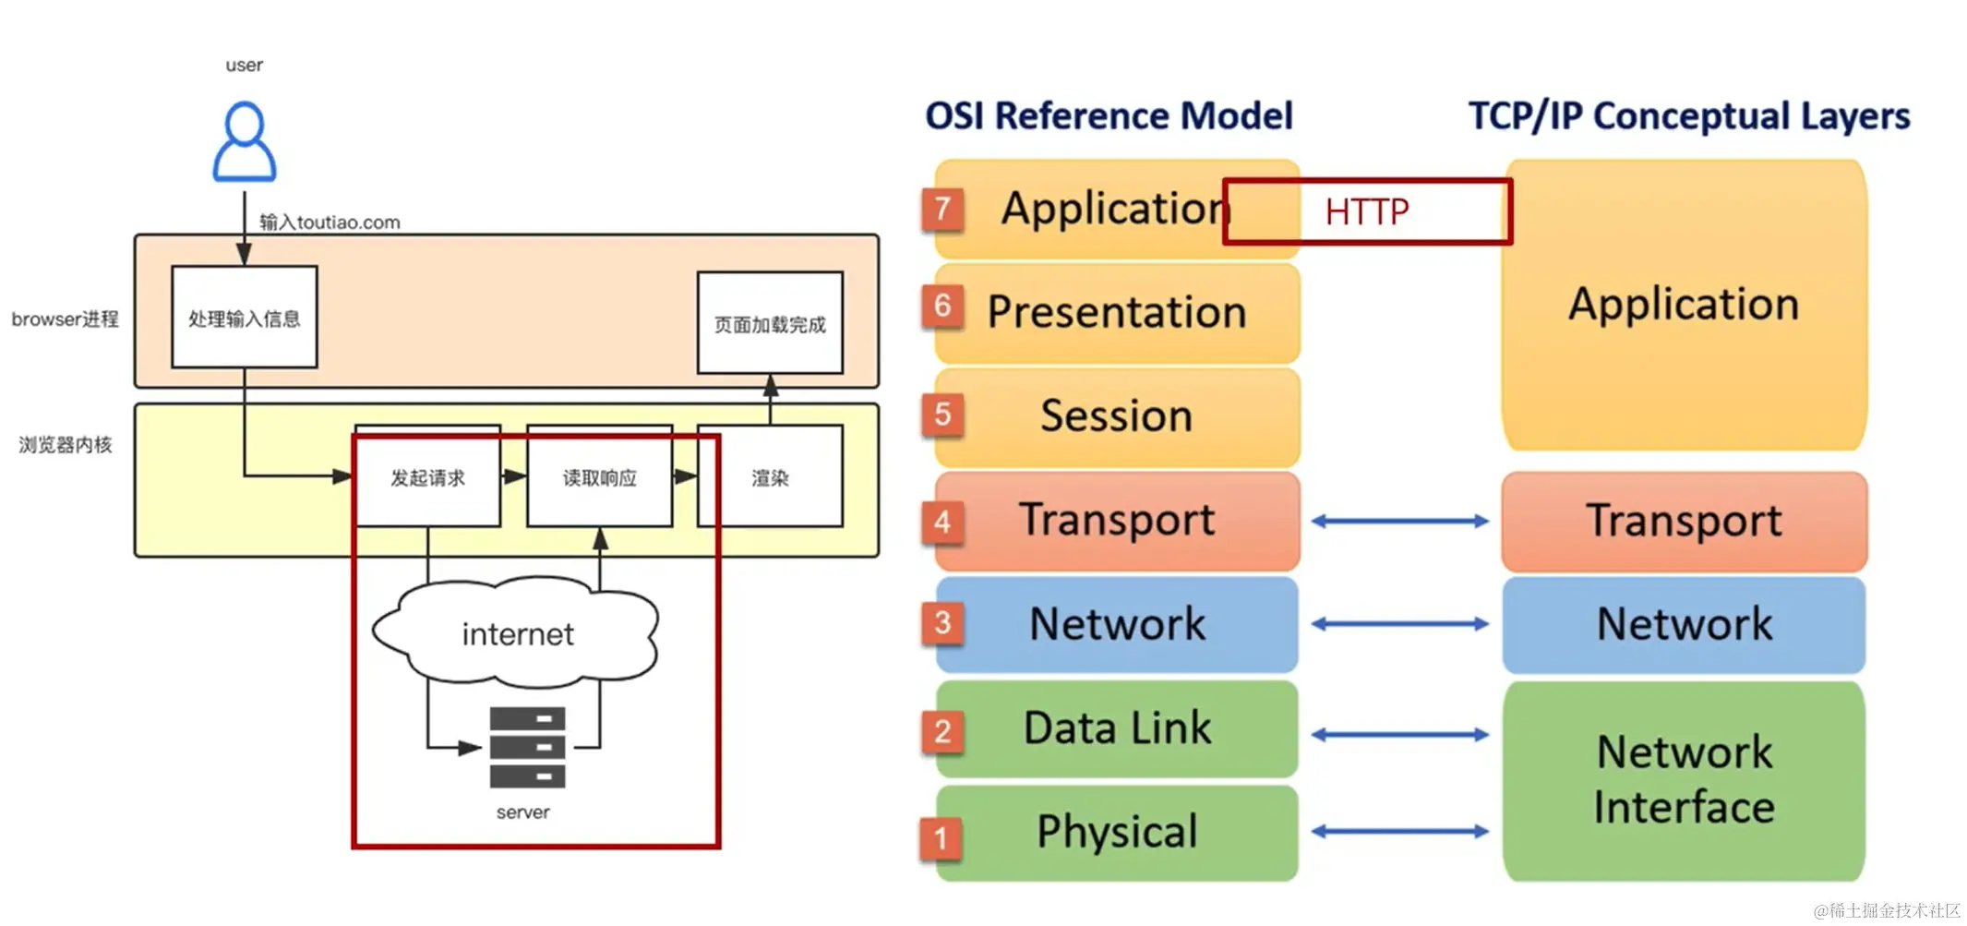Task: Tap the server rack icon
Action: tap(527, 747)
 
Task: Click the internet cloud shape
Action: tap(516, 632)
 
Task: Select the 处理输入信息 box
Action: tap(245, 317)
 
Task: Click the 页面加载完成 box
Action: tap(770, 322)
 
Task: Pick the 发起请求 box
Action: tap(427, 476)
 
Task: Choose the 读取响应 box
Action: tap(600, 476)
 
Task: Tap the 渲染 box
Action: tap(770, 476)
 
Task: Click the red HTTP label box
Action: tap(1367, 211)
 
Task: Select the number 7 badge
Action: tap(942, 210)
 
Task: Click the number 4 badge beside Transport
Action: tap(942, 523)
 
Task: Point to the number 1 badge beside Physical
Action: tap(942, 838)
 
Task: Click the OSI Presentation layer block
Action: tap(1117, 313)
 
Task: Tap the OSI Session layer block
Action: tap(1117, 417)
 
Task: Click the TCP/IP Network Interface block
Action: tap(1684, 781)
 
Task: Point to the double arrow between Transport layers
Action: tap(1400, 522)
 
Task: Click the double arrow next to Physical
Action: tap(1400, 832)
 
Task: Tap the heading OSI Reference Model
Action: tap(1109, 116)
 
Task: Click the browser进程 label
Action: tap(65, 319)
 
